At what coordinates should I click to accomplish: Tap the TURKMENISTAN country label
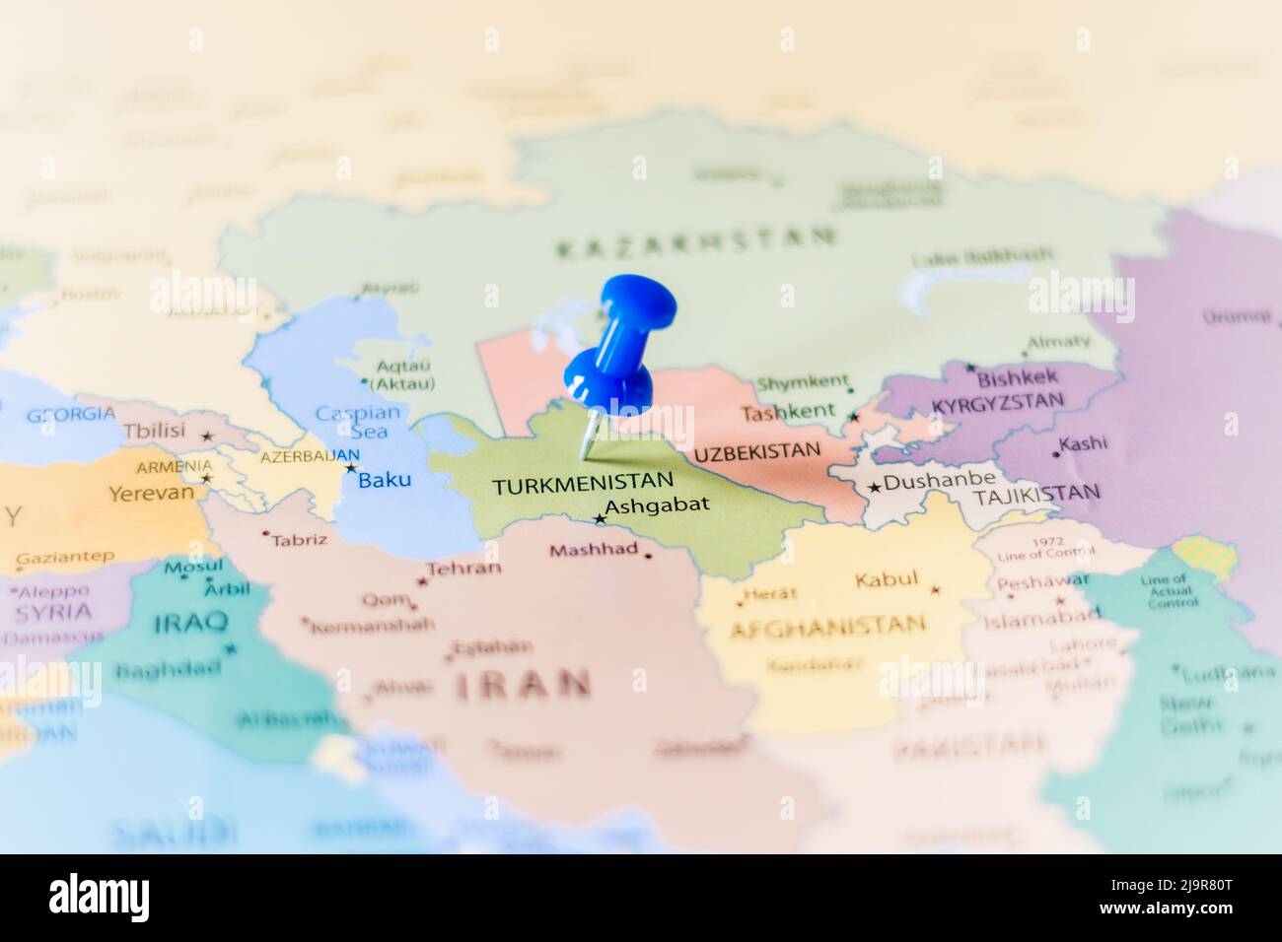tap(583, 485)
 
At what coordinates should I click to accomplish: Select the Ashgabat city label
tap(657, 505)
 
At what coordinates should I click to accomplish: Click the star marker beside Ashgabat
tap(599, 518)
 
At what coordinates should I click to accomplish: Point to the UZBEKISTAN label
tap(756, 452)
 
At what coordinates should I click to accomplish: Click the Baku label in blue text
tap(385, 480)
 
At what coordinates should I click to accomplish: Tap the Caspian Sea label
tap(357, 422)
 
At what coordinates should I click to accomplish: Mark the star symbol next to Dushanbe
tap(874, 487)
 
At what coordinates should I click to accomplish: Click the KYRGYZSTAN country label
tap(997, 403)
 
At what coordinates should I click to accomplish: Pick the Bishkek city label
tap(1019, 376)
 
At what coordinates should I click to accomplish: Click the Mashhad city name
tap(594, 549)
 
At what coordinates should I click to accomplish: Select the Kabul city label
tap(887, 579)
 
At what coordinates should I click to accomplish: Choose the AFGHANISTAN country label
tap(827, 625)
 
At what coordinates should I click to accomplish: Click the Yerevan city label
tap(151, 492)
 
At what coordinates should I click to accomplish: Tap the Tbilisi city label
tap(155, 432)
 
